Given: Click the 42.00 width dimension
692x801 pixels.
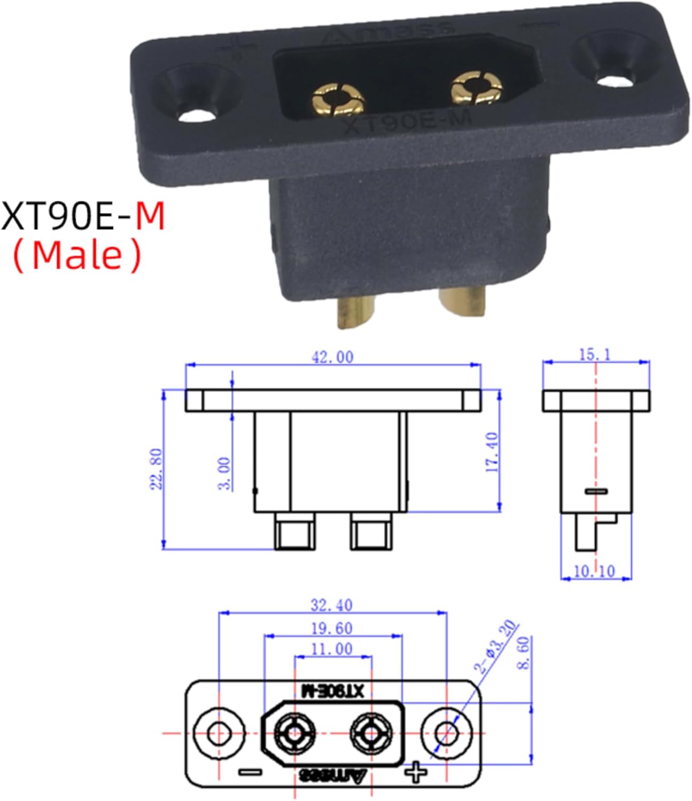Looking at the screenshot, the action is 332,357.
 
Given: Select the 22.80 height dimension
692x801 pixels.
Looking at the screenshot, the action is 157,469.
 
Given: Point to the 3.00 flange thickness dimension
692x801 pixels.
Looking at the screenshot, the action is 224,474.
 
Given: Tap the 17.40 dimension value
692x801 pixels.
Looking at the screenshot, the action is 492,452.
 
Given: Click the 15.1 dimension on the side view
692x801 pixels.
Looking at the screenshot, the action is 595,355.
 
